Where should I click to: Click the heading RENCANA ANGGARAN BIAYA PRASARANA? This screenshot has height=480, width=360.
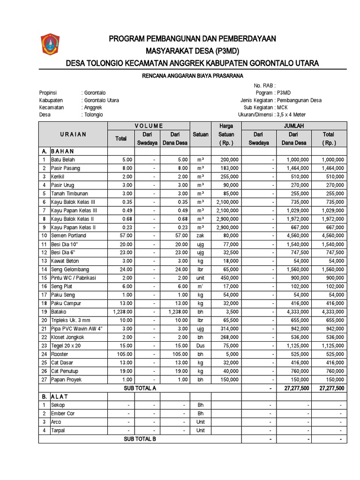193,75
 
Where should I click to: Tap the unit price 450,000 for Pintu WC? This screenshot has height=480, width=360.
229,278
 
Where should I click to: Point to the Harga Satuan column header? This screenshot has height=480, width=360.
226,134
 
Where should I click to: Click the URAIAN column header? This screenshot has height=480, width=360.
73,134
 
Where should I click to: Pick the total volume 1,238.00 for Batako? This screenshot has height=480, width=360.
120,312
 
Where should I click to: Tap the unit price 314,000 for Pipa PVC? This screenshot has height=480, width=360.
229,329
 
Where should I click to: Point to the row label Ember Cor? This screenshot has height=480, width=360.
63,413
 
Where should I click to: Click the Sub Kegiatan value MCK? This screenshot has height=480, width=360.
282,107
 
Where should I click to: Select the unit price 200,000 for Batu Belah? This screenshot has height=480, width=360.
229,159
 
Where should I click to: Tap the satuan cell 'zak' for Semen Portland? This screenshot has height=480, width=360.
200,236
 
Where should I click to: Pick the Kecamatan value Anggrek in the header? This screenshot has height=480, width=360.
93,107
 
